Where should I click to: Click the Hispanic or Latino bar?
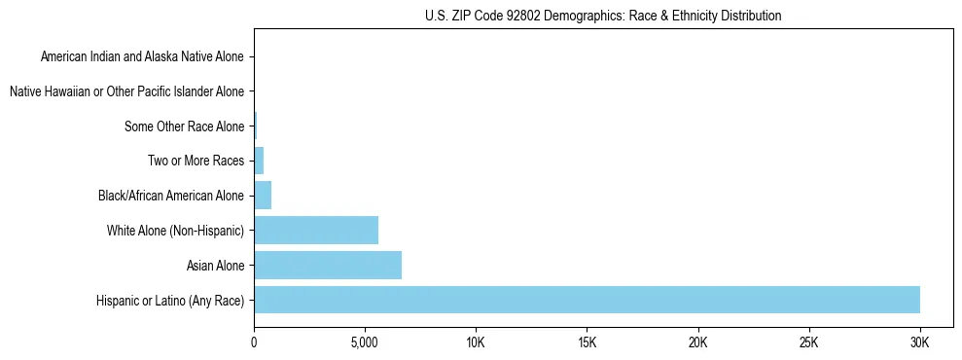(x=587, y=300)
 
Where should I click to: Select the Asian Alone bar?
(x=328, y=265)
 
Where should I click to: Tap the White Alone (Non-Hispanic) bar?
(x=316, y=231)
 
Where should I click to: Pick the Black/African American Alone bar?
(x=263, y=196)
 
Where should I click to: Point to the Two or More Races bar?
(x=259, y=161)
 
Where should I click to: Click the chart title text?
(x=603, y=16)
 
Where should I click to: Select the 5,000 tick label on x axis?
(x=365, y=342)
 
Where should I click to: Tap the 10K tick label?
(x=476, y=342)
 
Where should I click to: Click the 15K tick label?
(x=587, y=342)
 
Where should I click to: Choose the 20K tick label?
(x=697, y=342)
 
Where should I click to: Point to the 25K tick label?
(x=808, y=342)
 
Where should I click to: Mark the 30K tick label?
(x=919, y=342)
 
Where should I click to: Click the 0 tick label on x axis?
(x=254, y=342)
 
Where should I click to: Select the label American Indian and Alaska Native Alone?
(x=142, y=56)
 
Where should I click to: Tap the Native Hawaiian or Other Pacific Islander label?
(x=126, y=91)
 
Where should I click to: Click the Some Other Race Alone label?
(x=184, y=126)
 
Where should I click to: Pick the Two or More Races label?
(x=196, y=161)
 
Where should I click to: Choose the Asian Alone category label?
(x=215, y=265)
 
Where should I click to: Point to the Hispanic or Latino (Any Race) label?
(x=170, y=300)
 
